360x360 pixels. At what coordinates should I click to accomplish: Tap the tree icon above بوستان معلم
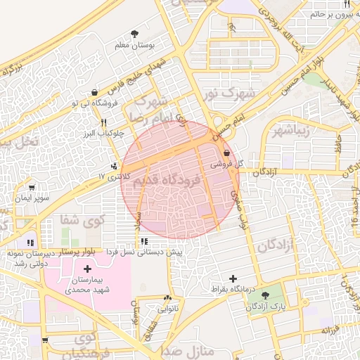134,33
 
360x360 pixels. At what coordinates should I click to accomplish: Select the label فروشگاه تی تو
94,103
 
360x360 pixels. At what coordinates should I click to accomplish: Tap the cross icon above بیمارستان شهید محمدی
87,269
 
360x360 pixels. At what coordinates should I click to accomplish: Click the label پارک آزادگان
268,307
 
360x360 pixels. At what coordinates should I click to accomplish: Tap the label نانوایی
167,308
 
